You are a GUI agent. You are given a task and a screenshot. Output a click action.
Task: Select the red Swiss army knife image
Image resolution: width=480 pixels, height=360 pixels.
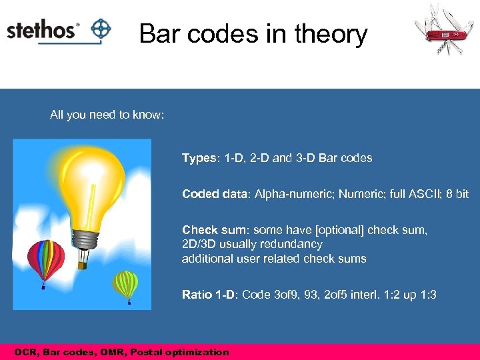point(442,30)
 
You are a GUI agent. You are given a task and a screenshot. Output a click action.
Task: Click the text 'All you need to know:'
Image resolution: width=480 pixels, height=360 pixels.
point(107,115)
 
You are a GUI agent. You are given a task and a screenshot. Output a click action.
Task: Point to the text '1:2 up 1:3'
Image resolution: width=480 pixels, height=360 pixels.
point(409,294)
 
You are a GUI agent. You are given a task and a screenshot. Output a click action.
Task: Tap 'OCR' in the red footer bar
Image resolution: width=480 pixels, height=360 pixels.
point(25,352)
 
